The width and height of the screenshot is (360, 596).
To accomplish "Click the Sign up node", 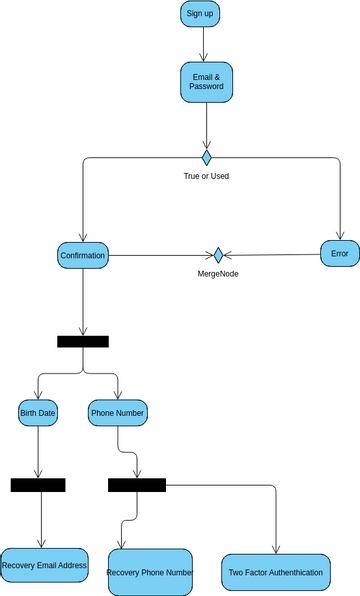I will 200,13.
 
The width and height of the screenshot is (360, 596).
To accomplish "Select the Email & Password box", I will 206,82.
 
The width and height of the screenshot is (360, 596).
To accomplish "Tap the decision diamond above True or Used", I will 207,157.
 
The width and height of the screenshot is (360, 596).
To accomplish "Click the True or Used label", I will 206,176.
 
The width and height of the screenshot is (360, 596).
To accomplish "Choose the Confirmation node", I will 82,255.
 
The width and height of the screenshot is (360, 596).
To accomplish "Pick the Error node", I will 339,254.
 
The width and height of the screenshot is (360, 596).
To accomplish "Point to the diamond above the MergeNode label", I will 218,255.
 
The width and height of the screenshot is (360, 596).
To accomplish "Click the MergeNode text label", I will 217,273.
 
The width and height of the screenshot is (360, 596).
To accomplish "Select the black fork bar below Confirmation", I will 83,341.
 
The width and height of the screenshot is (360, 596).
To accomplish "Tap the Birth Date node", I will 38,412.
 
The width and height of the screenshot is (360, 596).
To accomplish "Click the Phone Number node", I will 118,412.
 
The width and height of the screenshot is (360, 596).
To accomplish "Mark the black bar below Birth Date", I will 38,485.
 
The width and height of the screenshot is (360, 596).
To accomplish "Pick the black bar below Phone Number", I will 137,485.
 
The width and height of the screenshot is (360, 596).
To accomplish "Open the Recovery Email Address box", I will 44,566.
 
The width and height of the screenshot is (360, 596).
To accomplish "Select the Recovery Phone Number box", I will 150,572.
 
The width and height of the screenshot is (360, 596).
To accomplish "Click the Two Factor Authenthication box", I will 275,572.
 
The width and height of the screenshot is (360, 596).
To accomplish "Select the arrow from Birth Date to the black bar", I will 38,451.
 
